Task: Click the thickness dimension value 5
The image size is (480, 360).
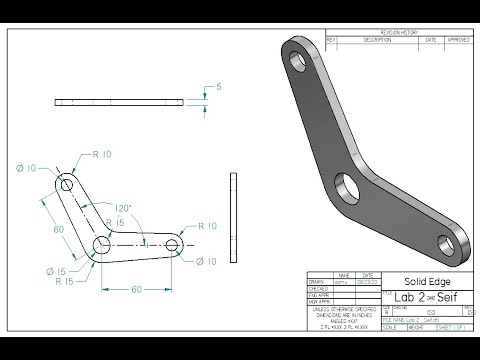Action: pyautogui.click(x=219, y=87)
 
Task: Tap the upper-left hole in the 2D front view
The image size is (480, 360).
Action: pyautogui.click(x=67, y=186)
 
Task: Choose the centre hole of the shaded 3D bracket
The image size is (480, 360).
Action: pyautogui.click(x=350, y=186)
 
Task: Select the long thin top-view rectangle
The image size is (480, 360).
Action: pyautogui.click(x=121, y=102)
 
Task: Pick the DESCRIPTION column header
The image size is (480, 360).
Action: pyautogui.click(x=377, y=40)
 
